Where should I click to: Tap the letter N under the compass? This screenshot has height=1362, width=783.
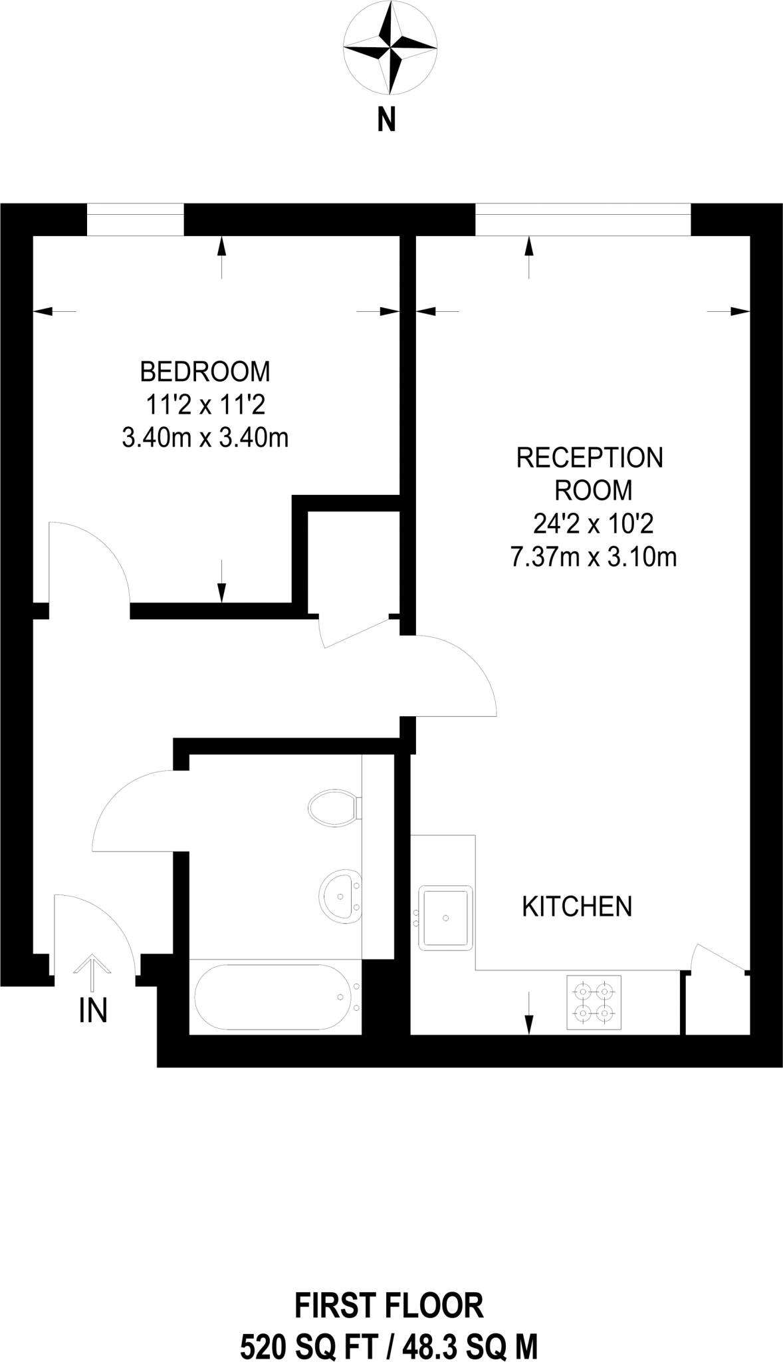coord(387,121)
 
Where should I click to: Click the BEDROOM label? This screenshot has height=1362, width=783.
coord(205,372)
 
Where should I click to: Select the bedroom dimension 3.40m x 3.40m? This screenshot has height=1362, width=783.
coord(205,438)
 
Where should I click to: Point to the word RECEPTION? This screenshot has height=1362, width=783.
coord(590,458)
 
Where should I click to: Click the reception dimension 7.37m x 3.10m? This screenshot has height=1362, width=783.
coord(593,557)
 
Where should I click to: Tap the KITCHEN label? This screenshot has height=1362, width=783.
coord(576,906)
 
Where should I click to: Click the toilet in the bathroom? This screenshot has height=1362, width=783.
coord(335,807)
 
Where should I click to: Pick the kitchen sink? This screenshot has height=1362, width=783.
coord(445,918)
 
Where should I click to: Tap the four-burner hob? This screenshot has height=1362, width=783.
coord(594,1002)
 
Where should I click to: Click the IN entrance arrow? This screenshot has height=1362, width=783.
coord(91,973)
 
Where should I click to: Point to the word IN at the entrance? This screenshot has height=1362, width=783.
coord(93,1012)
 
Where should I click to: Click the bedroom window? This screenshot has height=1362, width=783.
coord(135,219)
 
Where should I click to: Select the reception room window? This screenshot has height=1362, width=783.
coord(583,219)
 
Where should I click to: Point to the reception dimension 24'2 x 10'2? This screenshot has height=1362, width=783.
coord(593,524)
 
